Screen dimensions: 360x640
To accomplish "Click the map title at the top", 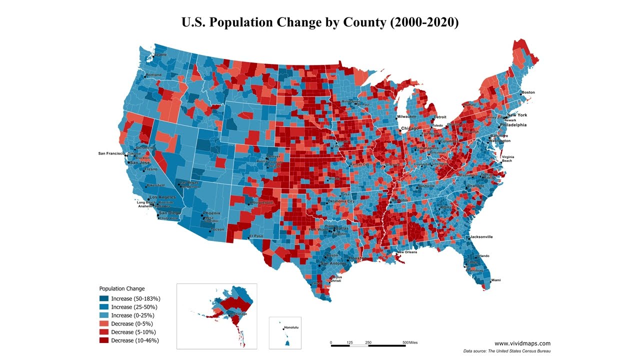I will click(x=320, y=22).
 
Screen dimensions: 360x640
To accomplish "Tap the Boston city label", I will click(x=528, y=92).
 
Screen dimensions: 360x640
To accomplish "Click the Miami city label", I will click(x=495, y=280).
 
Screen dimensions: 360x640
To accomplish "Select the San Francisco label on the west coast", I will click(x=111, y=153).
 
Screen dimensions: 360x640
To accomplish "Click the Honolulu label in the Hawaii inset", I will click(x=291, y=328).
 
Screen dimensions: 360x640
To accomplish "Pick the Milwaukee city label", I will click(x=406, y=116).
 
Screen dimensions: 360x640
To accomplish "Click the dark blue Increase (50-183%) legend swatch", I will click(x=103, y=298).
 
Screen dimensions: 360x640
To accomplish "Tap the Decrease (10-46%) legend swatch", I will click(x=103, y=340).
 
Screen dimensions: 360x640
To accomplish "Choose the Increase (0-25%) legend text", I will click(x=132, y=315).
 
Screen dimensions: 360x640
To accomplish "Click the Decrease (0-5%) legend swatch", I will click(x=103, y=323).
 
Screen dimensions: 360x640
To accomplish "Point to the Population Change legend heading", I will click(x=122, y=288).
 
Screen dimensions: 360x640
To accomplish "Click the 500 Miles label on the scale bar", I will click(x=410, y=342).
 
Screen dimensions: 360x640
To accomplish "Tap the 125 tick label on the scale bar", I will click(x=349, y=342).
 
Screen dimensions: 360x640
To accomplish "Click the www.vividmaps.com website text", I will click(x=522, y=343).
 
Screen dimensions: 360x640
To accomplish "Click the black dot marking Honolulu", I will click(x=281, y=328).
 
